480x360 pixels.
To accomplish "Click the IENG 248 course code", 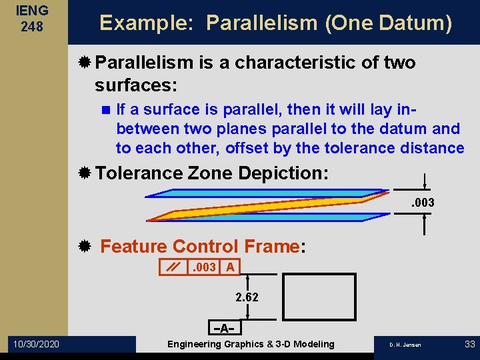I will tap(33, 18).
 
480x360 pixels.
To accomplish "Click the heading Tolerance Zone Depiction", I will tap(212, 173).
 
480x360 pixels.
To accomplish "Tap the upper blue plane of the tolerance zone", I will tap(267, 193).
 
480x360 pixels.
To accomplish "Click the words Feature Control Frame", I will tap(200, 247).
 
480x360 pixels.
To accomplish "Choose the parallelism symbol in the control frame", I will tap(173, 267).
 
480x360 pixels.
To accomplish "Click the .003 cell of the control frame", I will tap(203, 267).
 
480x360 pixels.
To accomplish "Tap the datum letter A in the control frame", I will tap(229, 267).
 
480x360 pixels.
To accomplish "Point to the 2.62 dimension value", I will tap(247, 297).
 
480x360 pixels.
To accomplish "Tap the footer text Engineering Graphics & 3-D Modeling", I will tap(251, 344).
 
